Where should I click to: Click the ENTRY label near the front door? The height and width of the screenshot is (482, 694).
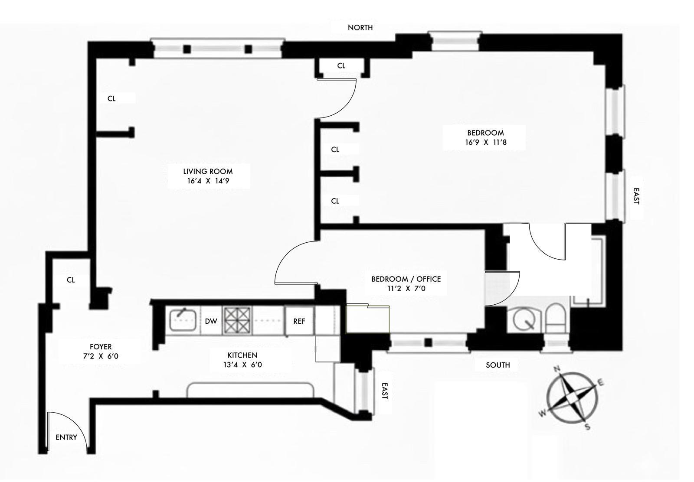(x=66, y=437)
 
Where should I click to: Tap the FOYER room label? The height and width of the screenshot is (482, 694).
(x=101, y=347)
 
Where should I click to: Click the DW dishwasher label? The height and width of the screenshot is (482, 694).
(x=211, y=321)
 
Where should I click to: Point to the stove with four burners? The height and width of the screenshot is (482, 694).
(x=237, y=320)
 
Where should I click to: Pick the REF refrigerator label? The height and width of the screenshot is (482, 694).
(x=299, y=321)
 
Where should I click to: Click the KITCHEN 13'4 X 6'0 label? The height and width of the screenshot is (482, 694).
(x=242, y=360)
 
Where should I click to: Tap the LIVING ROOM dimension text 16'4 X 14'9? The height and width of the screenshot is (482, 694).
(x=208, y=181)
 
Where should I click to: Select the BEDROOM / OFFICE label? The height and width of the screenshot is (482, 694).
(x=406, y=279)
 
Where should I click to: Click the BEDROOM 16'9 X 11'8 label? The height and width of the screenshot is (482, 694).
(x=485, y=137)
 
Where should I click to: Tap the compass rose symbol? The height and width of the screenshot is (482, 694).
(x=572, y=397)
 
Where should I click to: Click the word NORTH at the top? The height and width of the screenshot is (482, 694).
(x=360, y=28)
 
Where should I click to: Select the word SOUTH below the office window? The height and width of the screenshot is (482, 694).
(x=498, y=365)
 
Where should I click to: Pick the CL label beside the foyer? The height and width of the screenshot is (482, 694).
(x=71, y=280)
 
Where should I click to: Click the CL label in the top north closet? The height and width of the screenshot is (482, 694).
(x=341, y=66)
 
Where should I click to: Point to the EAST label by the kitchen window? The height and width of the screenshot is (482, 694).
(x=384, y=391)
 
